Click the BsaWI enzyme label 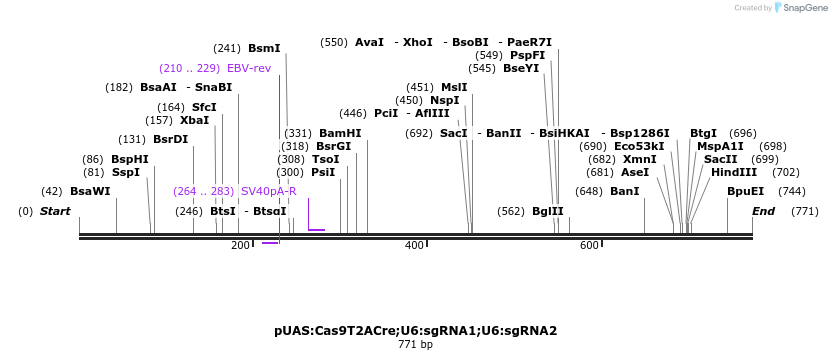click(90, 191)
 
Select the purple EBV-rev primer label click(249, 68)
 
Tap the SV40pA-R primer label click(269, 191)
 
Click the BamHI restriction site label click(340, 133)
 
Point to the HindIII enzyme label click(734, 172)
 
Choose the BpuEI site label click(745, 191)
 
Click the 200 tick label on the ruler click(241, 245)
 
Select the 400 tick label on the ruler click(414, 245)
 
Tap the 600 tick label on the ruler click(588, 245)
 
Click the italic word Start click(55, 211)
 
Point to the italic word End click(763, 211)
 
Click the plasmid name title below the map click(415, 330)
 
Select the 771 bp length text click(415, 345)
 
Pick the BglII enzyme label click(548, 211)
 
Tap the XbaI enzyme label click(195, 120)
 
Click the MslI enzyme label click(454, 87)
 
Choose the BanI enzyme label click(624, 191)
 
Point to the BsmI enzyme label click(264, 48)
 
